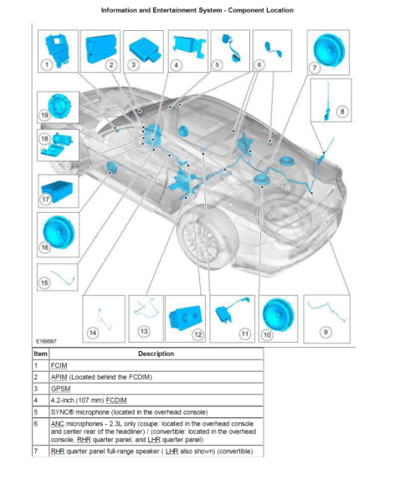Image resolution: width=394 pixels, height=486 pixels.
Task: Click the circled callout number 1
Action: (47, 65)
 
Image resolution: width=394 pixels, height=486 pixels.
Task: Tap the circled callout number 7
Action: (315, 68)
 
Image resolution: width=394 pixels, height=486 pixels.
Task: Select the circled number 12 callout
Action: (197, 334)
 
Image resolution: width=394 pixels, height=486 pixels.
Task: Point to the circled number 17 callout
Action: (45, 199)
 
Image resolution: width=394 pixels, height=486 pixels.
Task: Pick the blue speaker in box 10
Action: (279, 314)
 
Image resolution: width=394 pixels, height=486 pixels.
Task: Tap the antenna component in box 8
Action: (327, 102)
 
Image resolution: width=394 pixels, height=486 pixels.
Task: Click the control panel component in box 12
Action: (185, 318)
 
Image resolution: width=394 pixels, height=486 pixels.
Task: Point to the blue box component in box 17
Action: (57, 190)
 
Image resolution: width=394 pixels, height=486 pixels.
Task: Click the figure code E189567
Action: (46, 341)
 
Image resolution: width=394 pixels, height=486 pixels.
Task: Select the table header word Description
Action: (156, 354)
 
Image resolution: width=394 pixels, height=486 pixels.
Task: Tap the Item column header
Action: (40, 354)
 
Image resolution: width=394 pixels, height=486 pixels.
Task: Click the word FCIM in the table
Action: (59, 365)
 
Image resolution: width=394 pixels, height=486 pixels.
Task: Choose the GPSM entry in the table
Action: (61, 389)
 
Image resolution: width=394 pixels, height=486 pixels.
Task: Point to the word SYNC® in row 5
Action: (63, 412)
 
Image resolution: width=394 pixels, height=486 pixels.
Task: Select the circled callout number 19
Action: (44, 116)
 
